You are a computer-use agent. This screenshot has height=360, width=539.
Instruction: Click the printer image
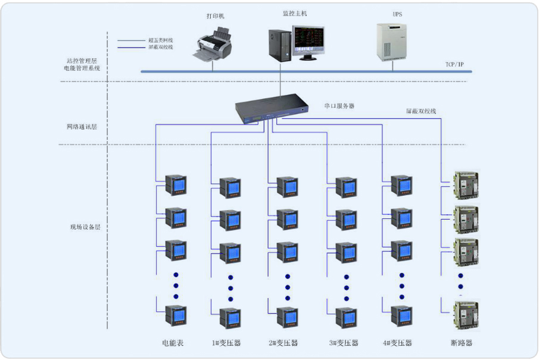point(213,46)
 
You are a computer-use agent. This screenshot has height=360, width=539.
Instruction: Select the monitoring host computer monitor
point(308,42)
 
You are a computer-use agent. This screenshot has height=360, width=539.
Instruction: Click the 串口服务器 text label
point(339,105)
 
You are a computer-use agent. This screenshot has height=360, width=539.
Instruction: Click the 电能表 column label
point(172,343)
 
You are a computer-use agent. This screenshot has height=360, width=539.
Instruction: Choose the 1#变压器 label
point(226,343)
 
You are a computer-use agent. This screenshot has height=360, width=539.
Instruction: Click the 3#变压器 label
point(344,343)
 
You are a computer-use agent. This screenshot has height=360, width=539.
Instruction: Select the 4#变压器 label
point(397,343)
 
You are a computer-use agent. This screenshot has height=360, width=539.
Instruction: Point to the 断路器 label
point(462,343)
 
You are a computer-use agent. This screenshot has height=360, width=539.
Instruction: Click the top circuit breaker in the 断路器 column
point(466,186)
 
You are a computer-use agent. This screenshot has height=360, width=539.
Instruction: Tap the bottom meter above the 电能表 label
point(176,315)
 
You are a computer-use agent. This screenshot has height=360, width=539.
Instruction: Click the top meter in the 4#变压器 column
point(401,186)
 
